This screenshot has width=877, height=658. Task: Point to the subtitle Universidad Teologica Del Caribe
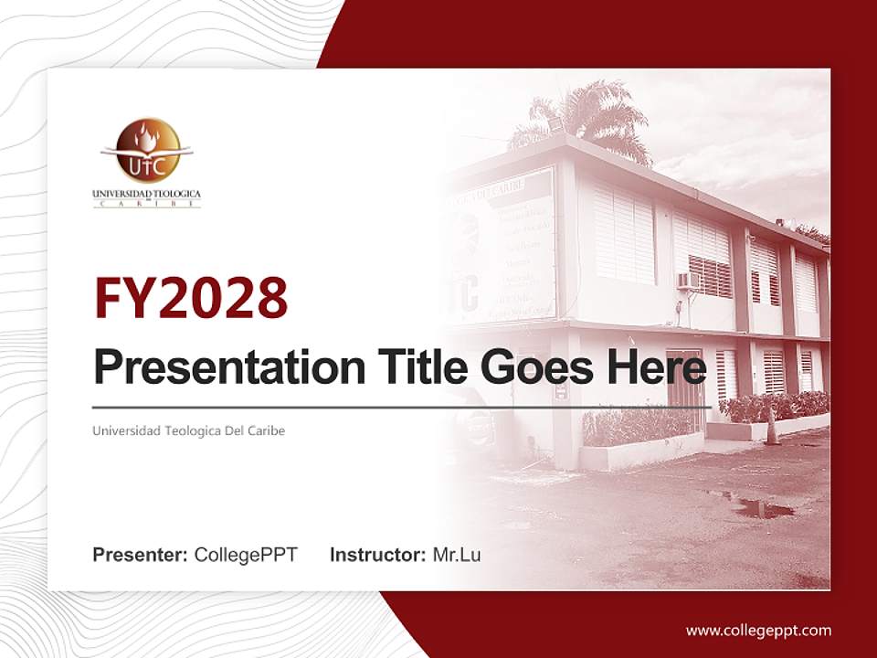(188, 430)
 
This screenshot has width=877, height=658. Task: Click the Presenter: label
(140, 555)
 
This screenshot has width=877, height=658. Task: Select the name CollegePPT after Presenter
(246, 555)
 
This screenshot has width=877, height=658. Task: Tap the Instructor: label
(377, 555)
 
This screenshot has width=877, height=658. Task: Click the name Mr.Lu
(457, 555)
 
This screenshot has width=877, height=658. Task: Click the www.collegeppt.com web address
(758, 630)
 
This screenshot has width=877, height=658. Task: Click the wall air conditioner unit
(688, 281)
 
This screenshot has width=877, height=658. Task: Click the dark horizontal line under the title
(402, 408)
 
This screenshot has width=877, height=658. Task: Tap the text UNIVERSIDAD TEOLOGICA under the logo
(146, 194)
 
